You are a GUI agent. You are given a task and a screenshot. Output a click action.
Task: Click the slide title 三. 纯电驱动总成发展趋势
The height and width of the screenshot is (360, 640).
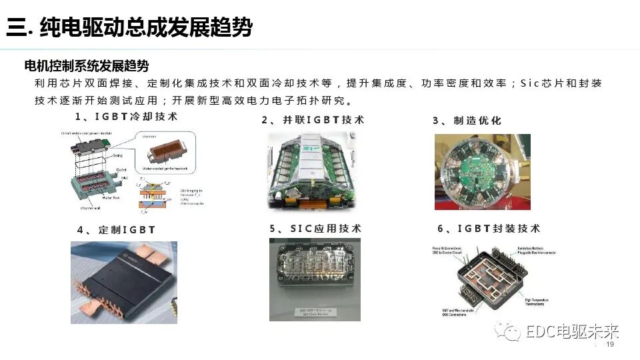click(130, 27)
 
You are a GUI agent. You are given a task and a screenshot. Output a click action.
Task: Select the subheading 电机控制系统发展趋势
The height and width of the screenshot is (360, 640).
click(87, 66)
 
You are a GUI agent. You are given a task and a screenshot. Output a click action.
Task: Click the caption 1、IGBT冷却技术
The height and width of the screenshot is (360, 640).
click(126, 117)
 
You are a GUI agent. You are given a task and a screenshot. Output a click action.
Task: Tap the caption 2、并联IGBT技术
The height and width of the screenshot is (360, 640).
click(313, 120)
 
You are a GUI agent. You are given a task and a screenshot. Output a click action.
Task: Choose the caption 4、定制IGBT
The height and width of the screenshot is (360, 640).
click(116, 230)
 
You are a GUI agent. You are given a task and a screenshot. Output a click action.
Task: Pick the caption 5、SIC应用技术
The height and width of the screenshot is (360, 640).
click(315, 229)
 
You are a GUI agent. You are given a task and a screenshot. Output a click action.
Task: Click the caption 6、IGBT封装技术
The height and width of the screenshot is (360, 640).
click(489, 229)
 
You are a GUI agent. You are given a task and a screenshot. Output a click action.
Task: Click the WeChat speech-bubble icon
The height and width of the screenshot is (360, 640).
click(511, 331)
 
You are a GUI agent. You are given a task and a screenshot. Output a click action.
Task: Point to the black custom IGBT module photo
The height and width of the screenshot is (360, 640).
click(124, 282)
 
